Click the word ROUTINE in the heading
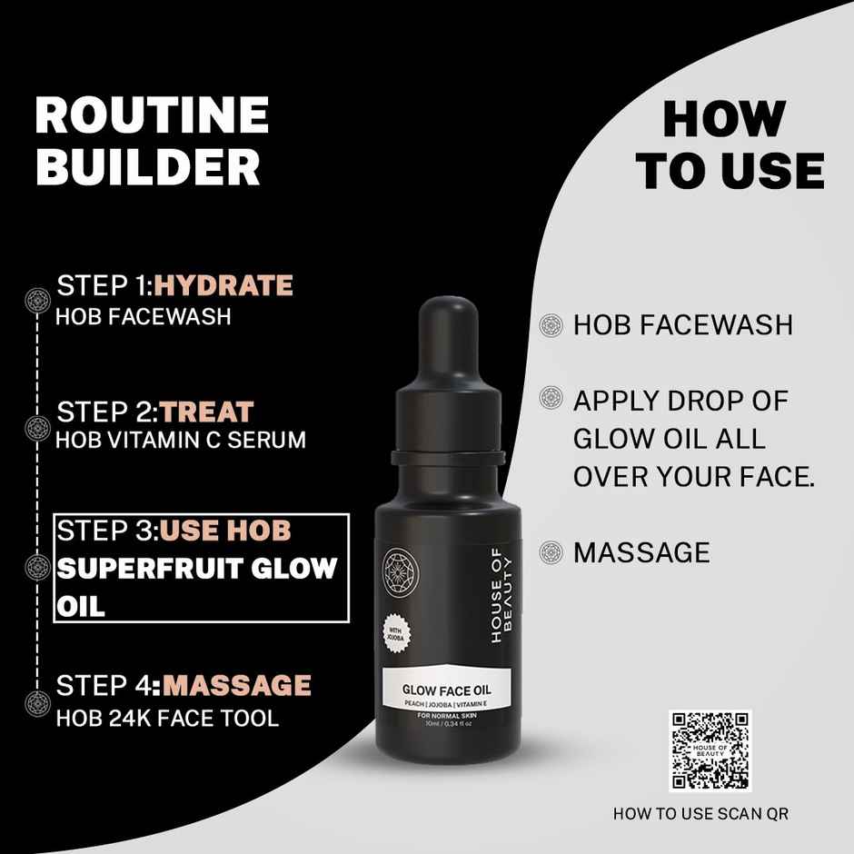point(152,116)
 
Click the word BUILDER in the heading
point(147,166)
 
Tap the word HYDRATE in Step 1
point(223,285)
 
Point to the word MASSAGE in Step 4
point(236,684)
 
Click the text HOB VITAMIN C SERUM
point(181,441)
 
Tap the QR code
point(710,751)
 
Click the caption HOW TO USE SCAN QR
point(700,814)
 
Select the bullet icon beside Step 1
point(37,300)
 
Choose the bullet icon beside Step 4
point(37,701)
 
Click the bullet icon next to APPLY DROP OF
point(550,397)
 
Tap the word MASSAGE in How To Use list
point(641,552)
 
